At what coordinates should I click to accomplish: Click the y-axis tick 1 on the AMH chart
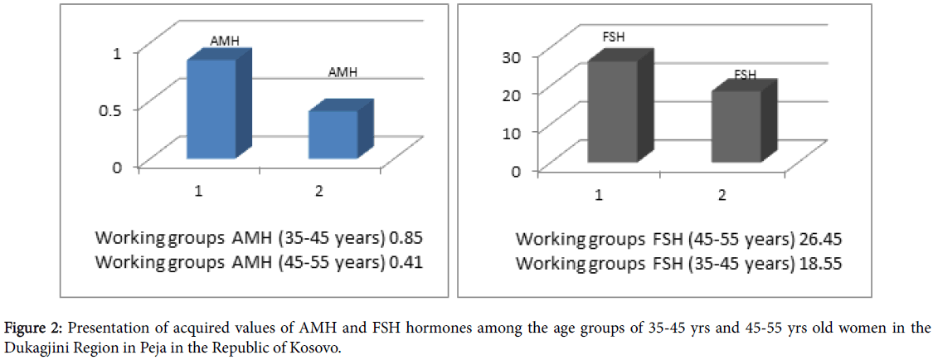(117, 52)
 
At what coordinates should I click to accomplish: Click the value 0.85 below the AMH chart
(407, 239)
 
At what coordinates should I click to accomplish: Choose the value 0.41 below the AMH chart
(407, 262)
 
